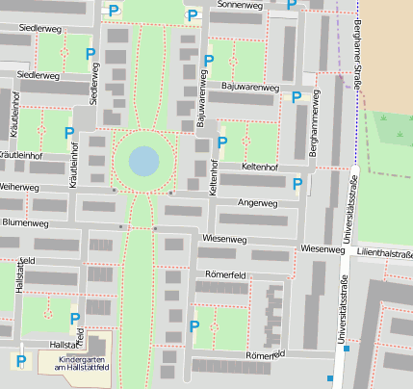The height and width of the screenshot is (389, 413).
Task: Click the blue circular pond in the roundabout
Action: (x=143, y=160)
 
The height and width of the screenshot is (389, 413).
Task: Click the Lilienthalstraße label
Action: (x=384, y=254)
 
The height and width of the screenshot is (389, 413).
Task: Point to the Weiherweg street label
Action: (x=19, y=186)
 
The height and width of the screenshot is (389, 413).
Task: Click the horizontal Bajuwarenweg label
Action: (x=250, y=88)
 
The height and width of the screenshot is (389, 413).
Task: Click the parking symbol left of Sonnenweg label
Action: (x=194, y=14)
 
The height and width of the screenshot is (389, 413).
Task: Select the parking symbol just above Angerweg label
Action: (x=297, y=183)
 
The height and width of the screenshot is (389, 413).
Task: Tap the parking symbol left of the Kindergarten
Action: (x=20, y=361)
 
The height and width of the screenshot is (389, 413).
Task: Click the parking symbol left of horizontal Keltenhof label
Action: (x=222, y=143)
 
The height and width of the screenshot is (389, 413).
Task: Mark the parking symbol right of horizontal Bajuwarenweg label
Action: (x=297, y=96)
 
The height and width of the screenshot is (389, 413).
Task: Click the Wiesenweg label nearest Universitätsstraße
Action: (x=323, y=249)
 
